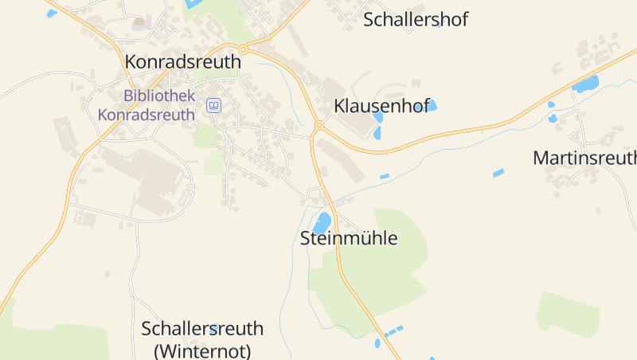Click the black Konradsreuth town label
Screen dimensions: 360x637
click(182, 61)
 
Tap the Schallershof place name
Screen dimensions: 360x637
click(416, 20)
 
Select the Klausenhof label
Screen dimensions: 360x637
click(381, 105)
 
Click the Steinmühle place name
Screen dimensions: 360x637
click(348, 237)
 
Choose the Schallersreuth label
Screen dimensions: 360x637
click(202, 328)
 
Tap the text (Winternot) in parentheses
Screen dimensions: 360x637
click(202, 350)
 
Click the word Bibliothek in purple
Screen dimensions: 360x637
click(159, 96)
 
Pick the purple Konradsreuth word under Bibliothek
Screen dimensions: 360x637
click(147, 114)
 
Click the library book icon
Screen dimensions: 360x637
click(213, 105)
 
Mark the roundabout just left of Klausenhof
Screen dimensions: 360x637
click(319, 125)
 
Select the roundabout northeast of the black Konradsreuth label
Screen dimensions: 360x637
click(244, 49)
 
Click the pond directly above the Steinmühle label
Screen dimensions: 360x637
click(322, 222)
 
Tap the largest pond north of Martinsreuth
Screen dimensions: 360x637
click(585, 84)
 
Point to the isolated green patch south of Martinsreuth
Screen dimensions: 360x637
click(567, 312)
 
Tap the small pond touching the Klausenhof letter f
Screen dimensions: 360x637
click(432, 105)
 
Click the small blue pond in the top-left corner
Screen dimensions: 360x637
click(52, 13)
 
